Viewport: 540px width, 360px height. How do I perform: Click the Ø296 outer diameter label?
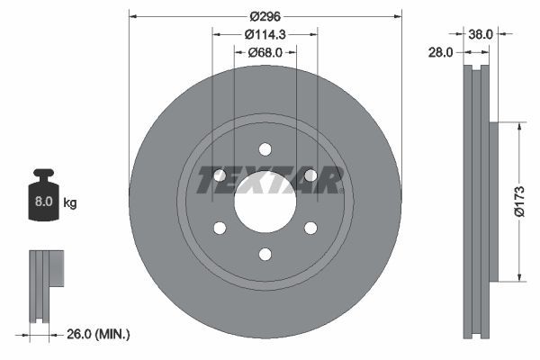click(x=265, y=15)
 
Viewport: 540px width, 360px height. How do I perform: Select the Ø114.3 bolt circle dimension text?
click(x=265, y=33)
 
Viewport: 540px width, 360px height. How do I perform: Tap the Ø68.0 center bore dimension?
click(x=265, y=52)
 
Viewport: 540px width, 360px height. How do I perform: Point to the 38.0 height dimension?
click(x=481, y=34)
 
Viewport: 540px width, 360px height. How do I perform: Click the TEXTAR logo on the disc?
click(x=269, y=181)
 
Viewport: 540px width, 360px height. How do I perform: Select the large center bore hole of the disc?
click(x=265, y=202)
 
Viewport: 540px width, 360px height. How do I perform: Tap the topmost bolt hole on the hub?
click(x=265, y=149)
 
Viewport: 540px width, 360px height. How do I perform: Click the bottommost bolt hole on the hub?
click(x=265, y=254)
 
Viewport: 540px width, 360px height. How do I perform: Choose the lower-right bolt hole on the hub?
click(x=310, y=228)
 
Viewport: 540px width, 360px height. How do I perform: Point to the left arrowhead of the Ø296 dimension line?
click(x=133, y=15)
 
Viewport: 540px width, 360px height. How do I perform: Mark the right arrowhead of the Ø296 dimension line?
click(x=398, y=15)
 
